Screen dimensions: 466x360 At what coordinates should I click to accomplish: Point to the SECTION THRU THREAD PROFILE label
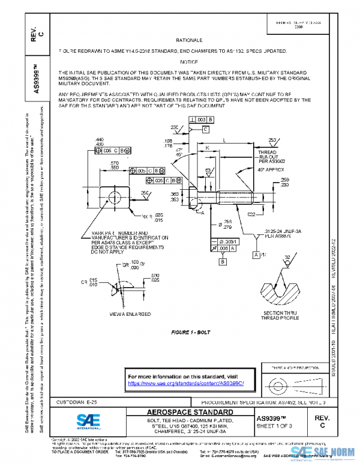pyautogui.click(x=280, y=316)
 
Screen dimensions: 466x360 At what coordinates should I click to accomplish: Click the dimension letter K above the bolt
pyautogui.click(x=208, y=147)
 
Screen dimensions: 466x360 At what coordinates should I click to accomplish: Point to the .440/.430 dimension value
pyautogui.click(x=100, y=141)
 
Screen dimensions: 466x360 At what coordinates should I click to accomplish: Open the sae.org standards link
pyautogui.click(x=187, y=383)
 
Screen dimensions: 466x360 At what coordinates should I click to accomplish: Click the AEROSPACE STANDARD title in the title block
pyautogui.click(x=190, y=413)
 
